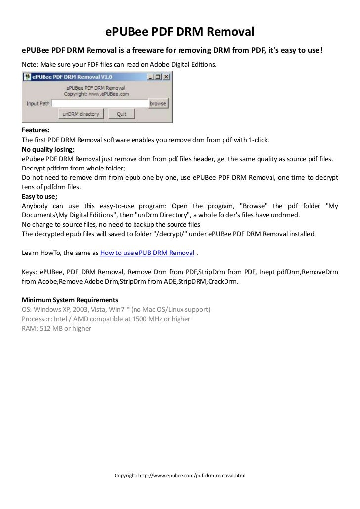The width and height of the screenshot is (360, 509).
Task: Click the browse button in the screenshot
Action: point(158,104)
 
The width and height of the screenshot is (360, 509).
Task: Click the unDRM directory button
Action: point(80,114)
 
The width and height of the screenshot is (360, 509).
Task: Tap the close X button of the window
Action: point(167,77)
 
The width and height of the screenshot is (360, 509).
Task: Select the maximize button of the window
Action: point(158,77)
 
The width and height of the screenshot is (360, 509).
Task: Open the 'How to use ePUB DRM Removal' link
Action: point(147,253)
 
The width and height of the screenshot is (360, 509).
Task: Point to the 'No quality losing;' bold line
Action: point(48,149)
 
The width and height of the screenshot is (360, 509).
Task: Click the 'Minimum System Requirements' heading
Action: point(70,300)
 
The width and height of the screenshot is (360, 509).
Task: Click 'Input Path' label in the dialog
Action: point(38,104)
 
